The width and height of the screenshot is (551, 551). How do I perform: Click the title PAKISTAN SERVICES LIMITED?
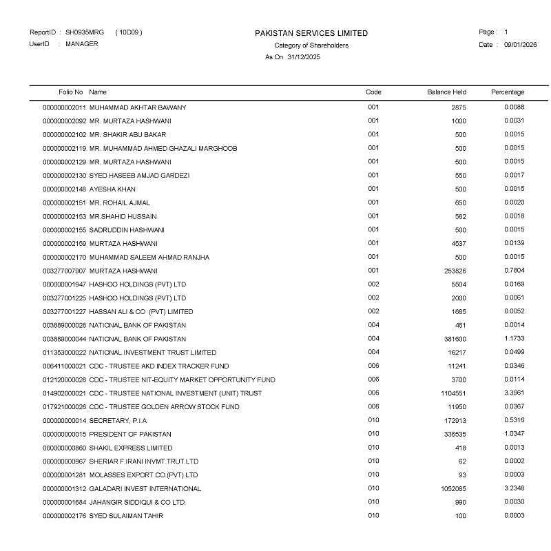point(311,33)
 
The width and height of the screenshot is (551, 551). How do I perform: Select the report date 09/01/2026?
point(520,45)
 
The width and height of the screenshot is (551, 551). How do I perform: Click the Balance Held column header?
point(446,92)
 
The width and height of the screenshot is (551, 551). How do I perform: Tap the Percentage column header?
point(508,92)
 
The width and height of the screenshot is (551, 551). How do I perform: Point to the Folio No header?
point(71,92)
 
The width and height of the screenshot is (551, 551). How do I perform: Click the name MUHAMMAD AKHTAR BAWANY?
point(138,107)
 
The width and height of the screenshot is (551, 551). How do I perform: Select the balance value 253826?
point(455,271)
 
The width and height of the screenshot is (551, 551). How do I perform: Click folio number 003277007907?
point(65,271)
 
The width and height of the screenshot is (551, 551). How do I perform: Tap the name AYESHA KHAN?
point(112,189)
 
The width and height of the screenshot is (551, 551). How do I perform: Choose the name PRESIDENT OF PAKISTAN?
point(130,435)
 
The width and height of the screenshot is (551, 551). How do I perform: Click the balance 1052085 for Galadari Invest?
point(453,489)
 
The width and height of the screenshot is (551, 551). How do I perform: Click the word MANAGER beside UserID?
point(82,44)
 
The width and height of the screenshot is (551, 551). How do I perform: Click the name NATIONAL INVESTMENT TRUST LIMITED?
point(153,353)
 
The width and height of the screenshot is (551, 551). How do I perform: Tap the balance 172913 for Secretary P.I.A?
point(455,421)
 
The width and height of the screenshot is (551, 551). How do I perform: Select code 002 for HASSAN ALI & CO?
point(373,311)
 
